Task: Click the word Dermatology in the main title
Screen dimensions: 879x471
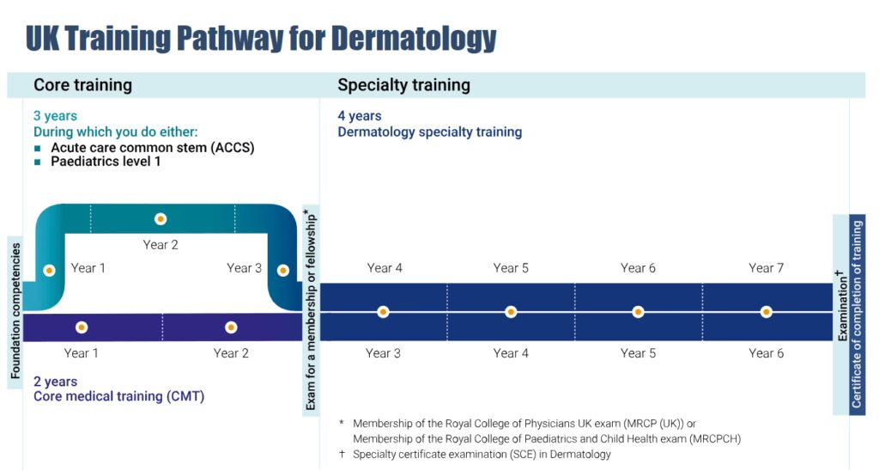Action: coord(414,38)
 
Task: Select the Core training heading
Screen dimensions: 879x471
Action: coord(83,85)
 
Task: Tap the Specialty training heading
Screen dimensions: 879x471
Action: coord(403,85)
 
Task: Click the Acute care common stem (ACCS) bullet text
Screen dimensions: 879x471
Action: coord(153,148)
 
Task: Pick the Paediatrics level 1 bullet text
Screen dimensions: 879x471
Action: coord(106,162)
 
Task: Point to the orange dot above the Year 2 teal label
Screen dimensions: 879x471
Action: coord(161,219)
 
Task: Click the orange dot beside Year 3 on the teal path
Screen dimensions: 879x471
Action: coord(283,271)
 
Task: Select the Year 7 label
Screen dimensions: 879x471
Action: coord(766,268)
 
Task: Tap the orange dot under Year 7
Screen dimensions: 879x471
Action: coord(767,312)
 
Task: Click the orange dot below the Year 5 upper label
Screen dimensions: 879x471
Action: coord(511,312)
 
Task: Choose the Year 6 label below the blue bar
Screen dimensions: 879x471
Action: coord(766,353)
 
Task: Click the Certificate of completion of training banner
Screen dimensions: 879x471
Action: coord(858,315)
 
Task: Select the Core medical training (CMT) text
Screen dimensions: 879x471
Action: coord(118,396)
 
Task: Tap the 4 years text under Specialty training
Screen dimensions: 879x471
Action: coord(360,116)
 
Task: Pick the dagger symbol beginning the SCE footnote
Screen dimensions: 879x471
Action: coord(342,454)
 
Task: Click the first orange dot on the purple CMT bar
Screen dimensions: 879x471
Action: coord(82,327)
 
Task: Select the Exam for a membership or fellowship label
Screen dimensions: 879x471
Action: coord(311,310)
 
